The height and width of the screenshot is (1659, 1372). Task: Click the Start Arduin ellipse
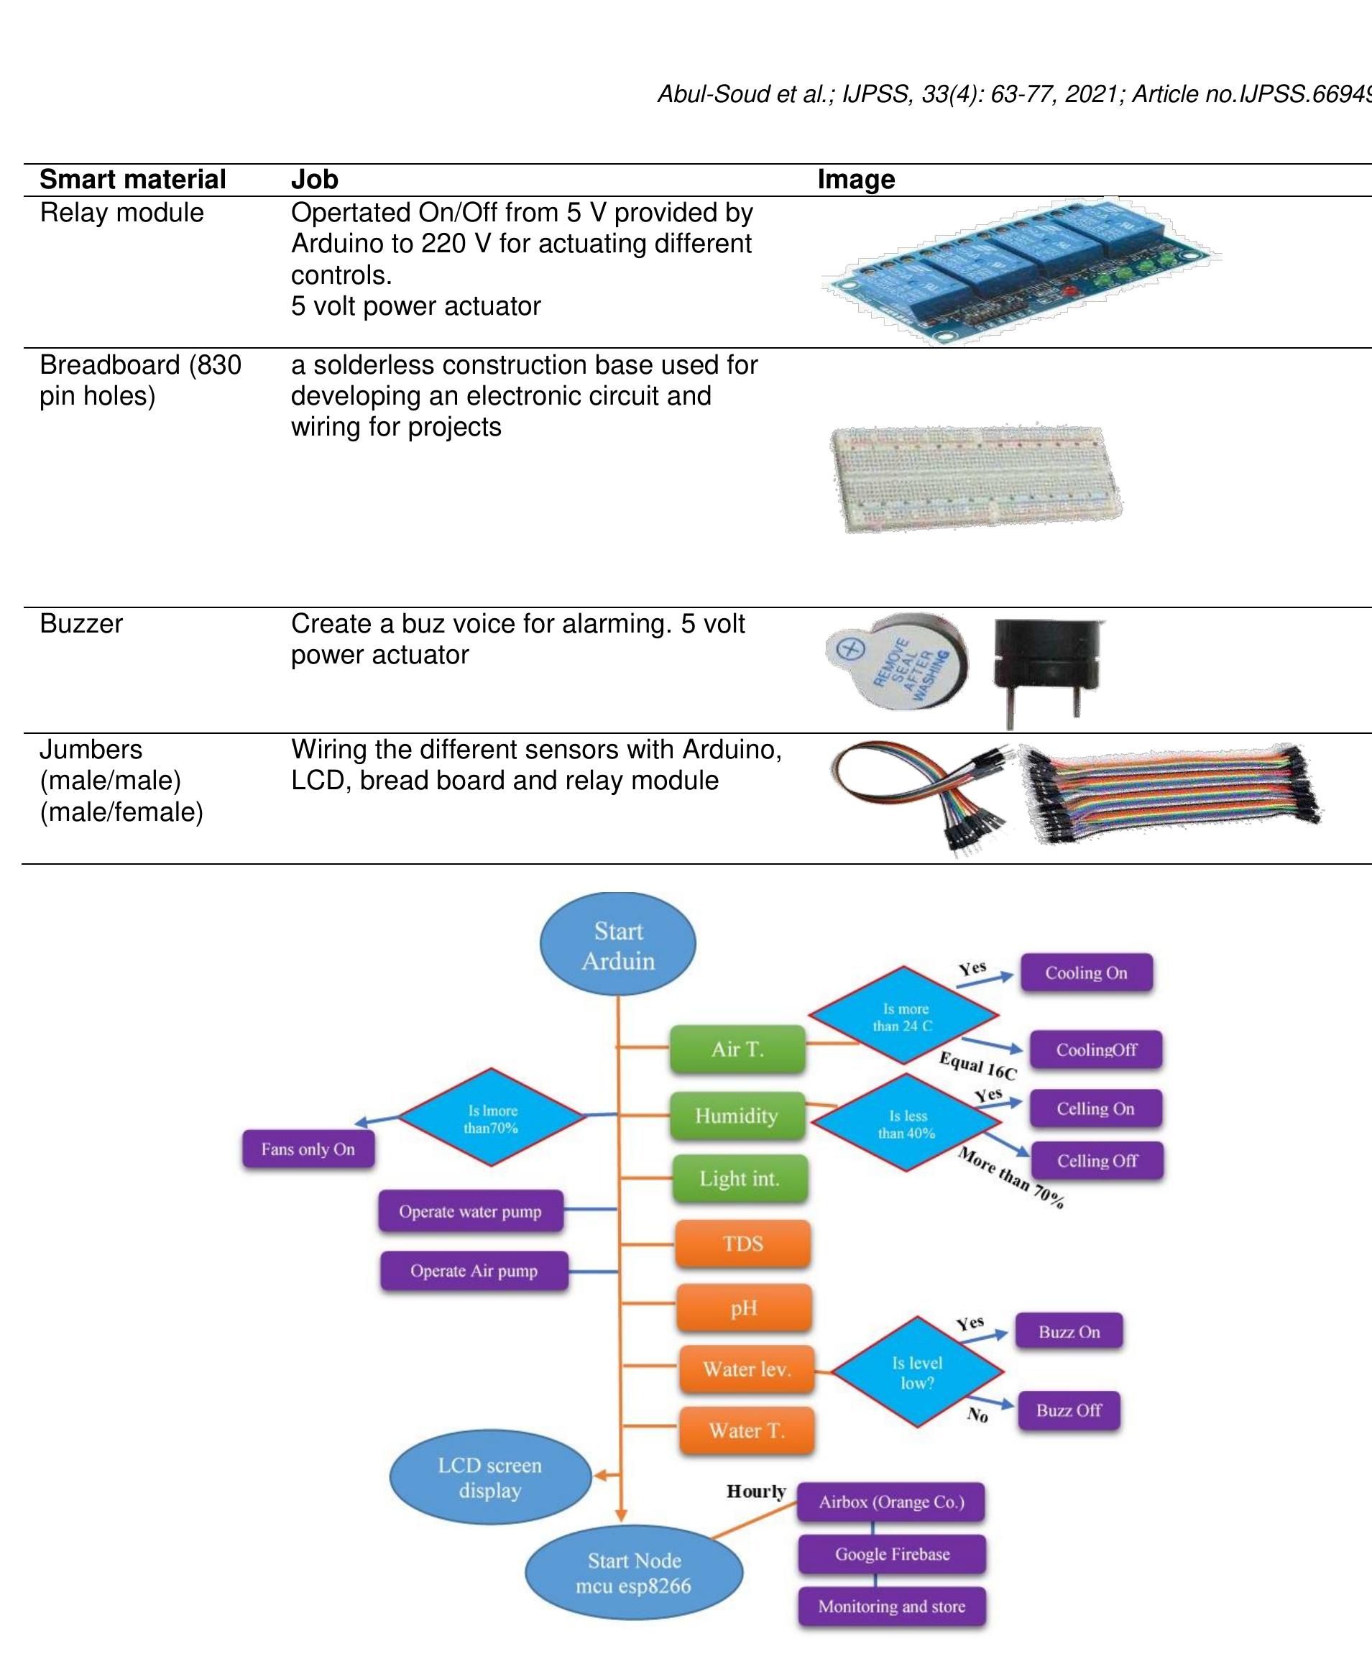[617, 945]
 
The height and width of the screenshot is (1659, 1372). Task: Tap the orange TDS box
[742, 1244]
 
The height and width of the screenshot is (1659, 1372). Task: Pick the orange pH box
[743, 1308]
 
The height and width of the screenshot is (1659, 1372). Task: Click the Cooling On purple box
[1086, 973]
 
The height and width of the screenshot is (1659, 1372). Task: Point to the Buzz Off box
[1069, 1410]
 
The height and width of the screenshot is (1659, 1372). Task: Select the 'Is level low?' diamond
[917, 1372]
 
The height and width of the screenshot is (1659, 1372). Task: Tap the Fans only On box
[308, 1149]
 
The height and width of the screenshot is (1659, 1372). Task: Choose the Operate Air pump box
[474, 1271]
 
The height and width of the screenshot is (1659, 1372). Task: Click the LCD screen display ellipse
[489, 1477]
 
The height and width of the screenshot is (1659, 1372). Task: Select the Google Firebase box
[892, 1554]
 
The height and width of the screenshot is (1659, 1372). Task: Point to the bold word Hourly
[756, 1492]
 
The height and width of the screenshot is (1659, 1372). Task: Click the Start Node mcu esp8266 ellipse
[633, 1573]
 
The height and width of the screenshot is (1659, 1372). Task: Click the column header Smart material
[133, 179]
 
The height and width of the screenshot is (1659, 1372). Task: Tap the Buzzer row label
[81, 623]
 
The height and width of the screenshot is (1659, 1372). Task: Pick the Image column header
[856, 179]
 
